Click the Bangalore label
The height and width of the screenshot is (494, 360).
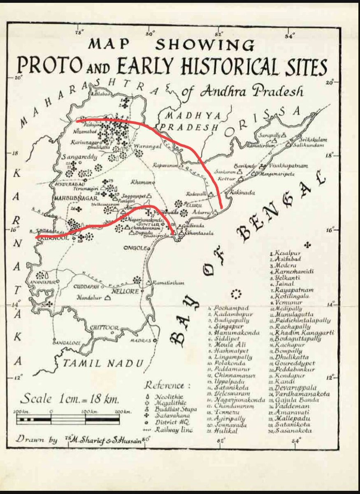(x=65, y=342)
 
